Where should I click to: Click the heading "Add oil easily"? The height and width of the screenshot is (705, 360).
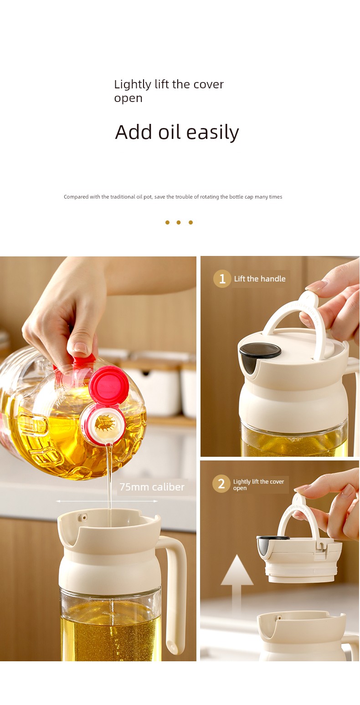pos(177,133)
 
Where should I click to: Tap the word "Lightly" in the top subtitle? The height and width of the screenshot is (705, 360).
pos(133,85)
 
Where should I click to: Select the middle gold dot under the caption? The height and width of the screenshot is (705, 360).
pos(179,223)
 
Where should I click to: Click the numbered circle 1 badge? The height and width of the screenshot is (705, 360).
pos(222,279)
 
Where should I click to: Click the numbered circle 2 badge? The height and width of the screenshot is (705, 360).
pos(221,484)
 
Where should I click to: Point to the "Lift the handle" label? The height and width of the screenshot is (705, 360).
pos(260,279)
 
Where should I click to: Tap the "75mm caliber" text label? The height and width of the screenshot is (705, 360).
pos(152,487)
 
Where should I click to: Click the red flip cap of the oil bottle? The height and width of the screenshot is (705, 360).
pos(108,385)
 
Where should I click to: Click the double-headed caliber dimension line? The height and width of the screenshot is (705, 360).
pos(107,501)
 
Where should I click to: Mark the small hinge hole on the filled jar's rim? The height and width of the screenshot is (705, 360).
pos(84,517)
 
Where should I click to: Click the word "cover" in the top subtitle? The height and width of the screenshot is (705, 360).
pos(209,85)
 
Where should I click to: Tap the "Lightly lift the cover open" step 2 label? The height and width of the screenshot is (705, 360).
pos(258,485)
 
